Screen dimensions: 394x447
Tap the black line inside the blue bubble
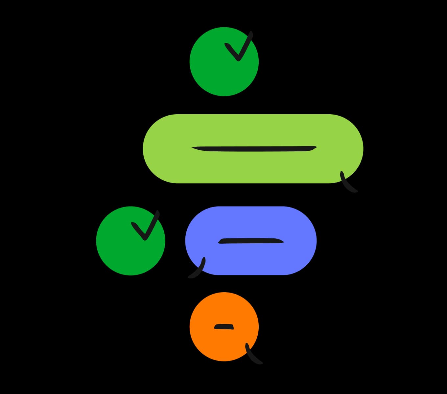[x=251, y=241]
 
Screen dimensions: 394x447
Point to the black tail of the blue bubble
[x=197, y=270]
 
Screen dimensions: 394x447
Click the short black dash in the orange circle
[x=224, y=327]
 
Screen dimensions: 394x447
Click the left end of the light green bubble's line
[x=193, y=148]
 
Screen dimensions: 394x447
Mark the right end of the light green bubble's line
[x=315, y=147]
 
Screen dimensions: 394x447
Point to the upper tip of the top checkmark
[x=251, y=33]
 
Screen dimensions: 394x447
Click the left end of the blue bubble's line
[x=220, y=242]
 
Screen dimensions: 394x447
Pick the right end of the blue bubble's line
[x=283, y=242]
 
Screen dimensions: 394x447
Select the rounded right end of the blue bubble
[x=307, y=241]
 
